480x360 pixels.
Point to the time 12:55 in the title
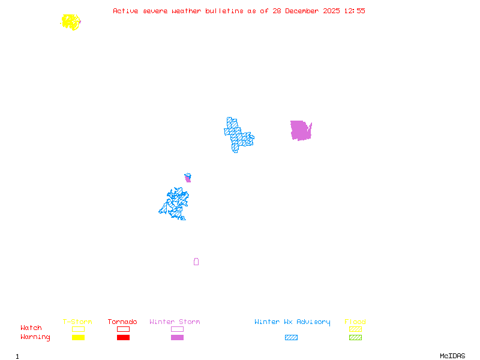[x=353, y=11]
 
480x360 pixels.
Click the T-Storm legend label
[x=77, y=322]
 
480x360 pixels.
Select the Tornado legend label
[x=122, y=322]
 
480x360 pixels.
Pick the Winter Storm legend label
[x=175, y=322]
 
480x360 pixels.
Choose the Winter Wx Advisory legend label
[x=292, y=322]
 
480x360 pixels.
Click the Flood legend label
[x=355, y=322]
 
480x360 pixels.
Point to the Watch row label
[x=31, y=328]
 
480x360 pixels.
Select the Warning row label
[x=35, y=337]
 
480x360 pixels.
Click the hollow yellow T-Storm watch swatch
[x=78, y=329]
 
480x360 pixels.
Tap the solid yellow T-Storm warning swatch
[x=78, y=338]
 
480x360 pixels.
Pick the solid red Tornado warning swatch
[x=123, y=338]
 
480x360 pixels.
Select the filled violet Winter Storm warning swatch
[x=177, y=338]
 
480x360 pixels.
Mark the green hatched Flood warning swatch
[x=355, y=338]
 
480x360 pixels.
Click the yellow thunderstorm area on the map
[x=71, y=22]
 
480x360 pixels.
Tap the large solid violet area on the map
[x=301, y=130]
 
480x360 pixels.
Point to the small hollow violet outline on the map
[x=196, y=262]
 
